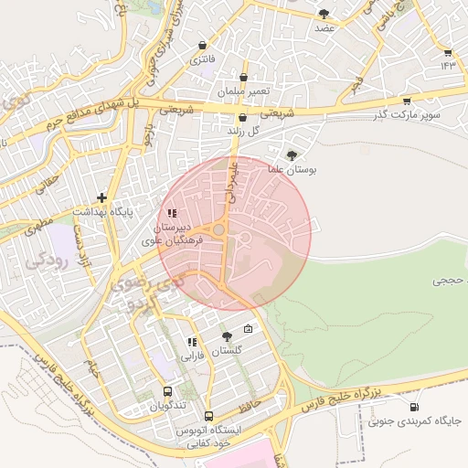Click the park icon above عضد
(x=324, y=14)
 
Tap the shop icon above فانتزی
(x=202, y=45)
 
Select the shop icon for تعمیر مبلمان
(x=243, y=79)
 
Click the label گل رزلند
(x=242, y=131)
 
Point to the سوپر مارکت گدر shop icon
(x=406, y=101)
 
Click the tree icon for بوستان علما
(x=292, y=155)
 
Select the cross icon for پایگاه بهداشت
(x=101, y=197)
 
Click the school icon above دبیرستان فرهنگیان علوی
(x=172, y=213)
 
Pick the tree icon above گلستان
(x=227, y=337)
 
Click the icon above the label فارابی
(x=192, y=343)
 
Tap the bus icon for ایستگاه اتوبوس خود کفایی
(x=208, y=416)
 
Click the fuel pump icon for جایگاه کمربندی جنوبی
(x=416, y=407)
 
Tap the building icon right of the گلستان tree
(x=248, y=329)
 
